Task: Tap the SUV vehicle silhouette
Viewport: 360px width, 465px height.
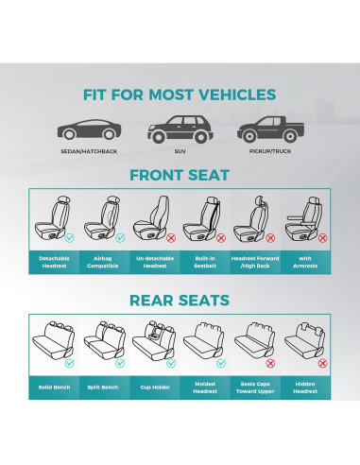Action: [180, 128]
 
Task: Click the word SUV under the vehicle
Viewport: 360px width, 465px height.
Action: [180, 149]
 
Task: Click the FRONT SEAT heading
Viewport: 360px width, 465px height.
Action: [180, 175]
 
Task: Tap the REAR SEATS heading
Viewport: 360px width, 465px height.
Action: [180, 301]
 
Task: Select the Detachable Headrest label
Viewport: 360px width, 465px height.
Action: [54, 262]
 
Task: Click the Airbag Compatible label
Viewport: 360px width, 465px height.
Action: [104, 262]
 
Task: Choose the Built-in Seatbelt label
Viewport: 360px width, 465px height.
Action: [205, 262]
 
